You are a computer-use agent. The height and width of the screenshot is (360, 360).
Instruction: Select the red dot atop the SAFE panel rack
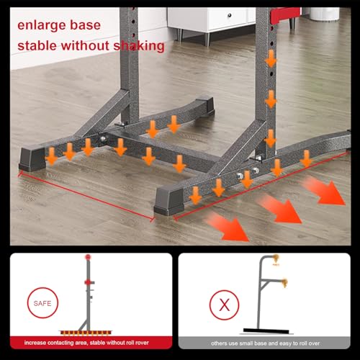coord(89,257)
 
